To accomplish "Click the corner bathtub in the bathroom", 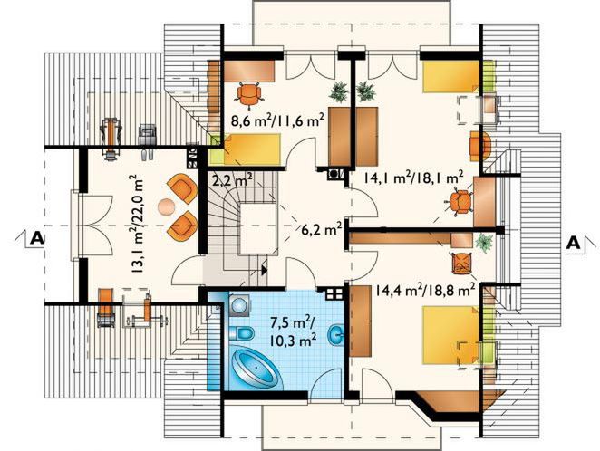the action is pos(254,368).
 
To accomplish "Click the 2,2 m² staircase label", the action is pos(231,179).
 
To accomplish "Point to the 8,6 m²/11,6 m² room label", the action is pos(278,120).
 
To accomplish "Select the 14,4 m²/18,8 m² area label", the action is pos(425,290).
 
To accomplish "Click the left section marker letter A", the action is pos(37,238).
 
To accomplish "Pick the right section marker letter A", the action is pos(573,243).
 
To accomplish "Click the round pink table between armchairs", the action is pos(166,206).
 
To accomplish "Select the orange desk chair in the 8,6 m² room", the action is pos(249,93).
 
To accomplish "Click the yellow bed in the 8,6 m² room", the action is pos(252,149).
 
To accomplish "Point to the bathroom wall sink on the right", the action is pos(336,334).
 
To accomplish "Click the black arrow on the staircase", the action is pos(264,270).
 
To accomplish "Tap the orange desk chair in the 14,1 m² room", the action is pos(460,203).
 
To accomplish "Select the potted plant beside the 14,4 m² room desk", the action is pos(484,242).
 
